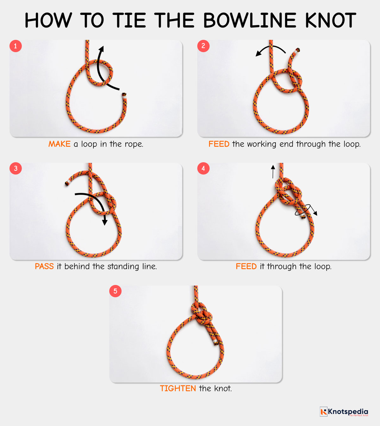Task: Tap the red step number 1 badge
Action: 16,46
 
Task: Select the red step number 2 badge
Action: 203,46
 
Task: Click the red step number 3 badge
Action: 16,168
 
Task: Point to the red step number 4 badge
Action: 203,168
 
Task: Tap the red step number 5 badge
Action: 115,291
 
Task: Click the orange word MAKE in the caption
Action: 59,144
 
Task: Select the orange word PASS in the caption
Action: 44,267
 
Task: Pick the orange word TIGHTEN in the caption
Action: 178,389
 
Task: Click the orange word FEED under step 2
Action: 219,144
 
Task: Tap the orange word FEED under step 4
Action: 246,267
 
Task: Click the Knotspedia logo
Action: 344,412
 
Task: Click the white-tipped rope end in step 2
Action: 297,50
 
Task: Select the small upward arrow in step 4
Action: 273,171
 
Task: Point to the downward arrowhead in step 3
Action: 105,222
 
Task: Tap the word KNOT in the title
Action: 331,21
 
